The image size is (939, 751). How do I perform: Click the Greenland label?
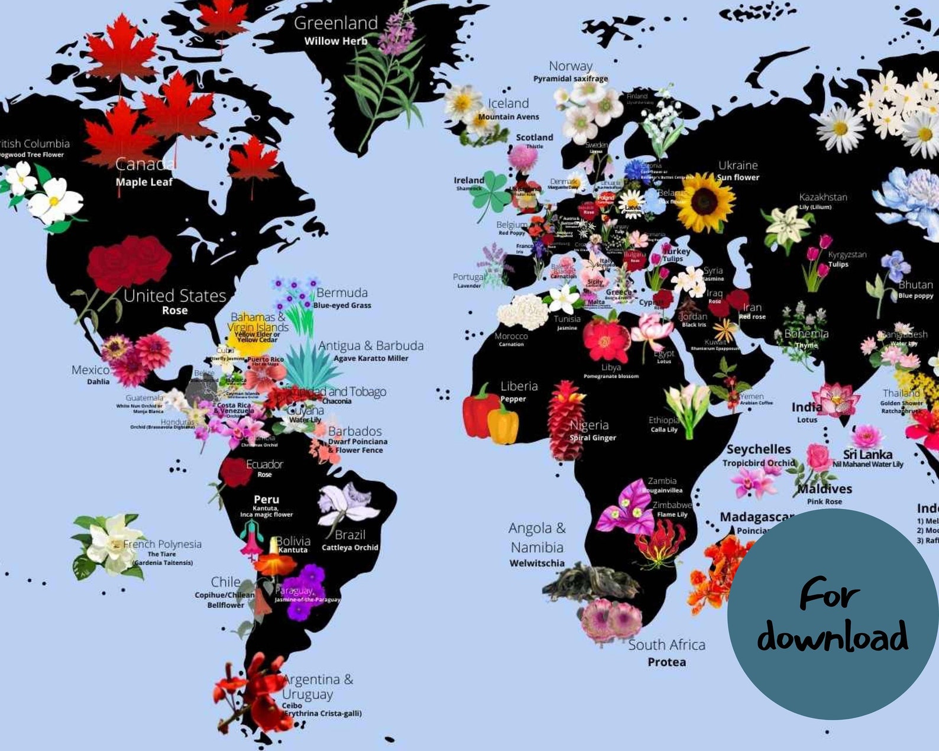coord(335,24)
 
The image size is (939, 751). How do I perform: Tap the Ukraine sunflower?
coord(704,202)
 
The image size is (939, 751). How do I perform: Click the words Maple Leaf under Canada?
coord(144,182)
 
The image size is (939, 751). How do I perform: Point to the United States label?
coord(174,296)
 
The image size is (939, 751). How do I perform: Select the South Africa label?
coord(666,645)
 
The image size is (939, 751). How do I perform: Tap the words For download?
coord(832,615)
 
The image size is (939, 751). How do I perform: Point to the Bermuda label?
coord(342,293)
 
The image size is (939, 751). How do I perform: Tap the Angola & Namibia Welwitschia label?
coord(537,545)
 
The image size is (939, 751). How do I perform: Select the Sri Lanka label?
coord(867,455)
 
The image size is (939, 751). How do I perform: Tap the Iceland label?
coord(508,103)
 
